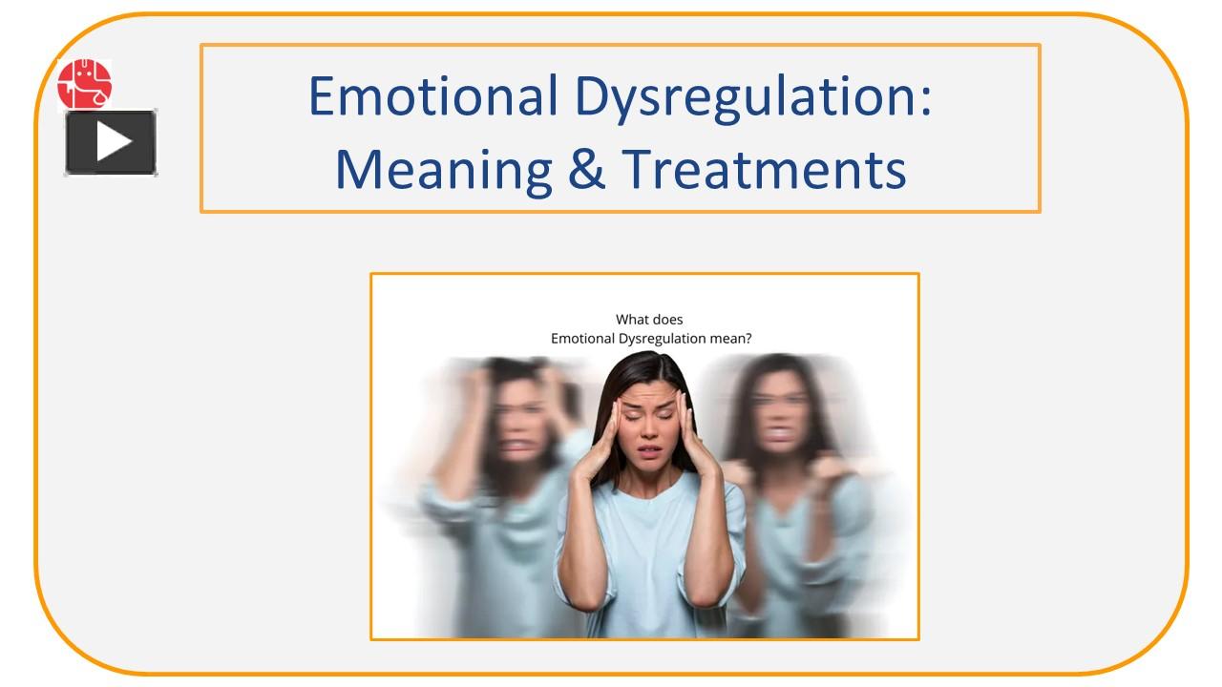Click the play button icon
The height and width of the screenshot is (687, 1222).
tap(111, 143)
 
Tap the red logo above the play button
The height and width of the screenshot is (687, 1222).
tap(84, 84)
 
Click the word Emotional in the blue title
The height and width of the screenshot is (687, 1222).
tap(432, 95)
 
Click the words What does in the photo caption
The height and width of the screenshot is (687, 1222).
tap(649, 320)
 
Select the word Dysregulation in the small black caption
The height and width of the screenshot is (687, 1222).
tap(659, 338)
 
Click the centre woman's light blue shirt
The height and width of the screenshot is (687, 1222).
tap(649, 553)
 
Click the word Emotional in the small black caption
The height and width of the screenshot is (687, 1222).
tap(583, 338)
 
